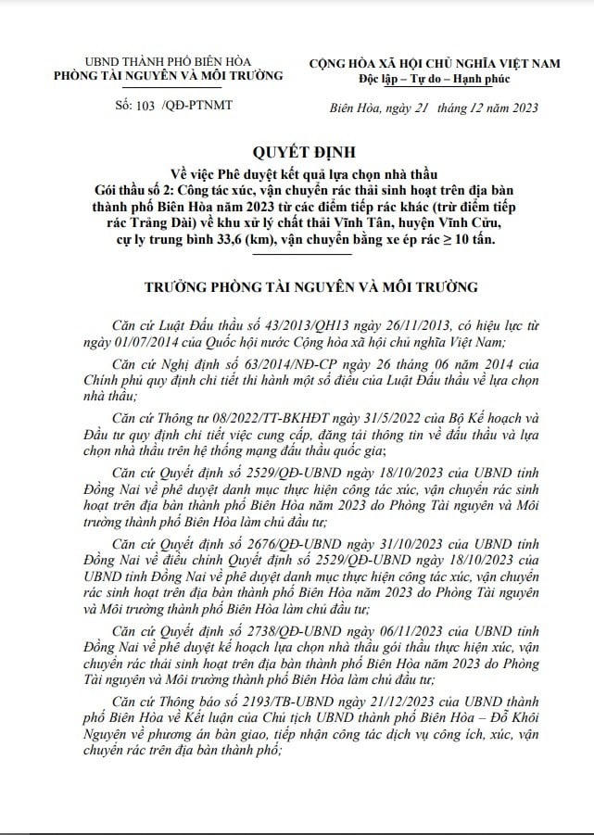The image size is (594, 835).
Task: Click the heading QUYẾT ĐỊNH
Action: pyautogui.click(x=297, y=152)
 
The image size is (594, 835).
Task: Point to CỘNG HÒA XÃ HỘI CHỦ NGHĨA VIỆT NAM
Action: pyautogui.click(x=436, y=61)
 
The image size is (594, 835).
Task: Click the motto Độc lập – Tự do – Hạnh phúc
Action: pyautogui.click(x=436, y=75)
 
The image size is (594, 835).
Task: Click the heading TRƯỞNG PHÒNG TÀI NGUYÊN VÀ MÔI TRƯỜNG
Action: pyautogui.click(x=297, y=287)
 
